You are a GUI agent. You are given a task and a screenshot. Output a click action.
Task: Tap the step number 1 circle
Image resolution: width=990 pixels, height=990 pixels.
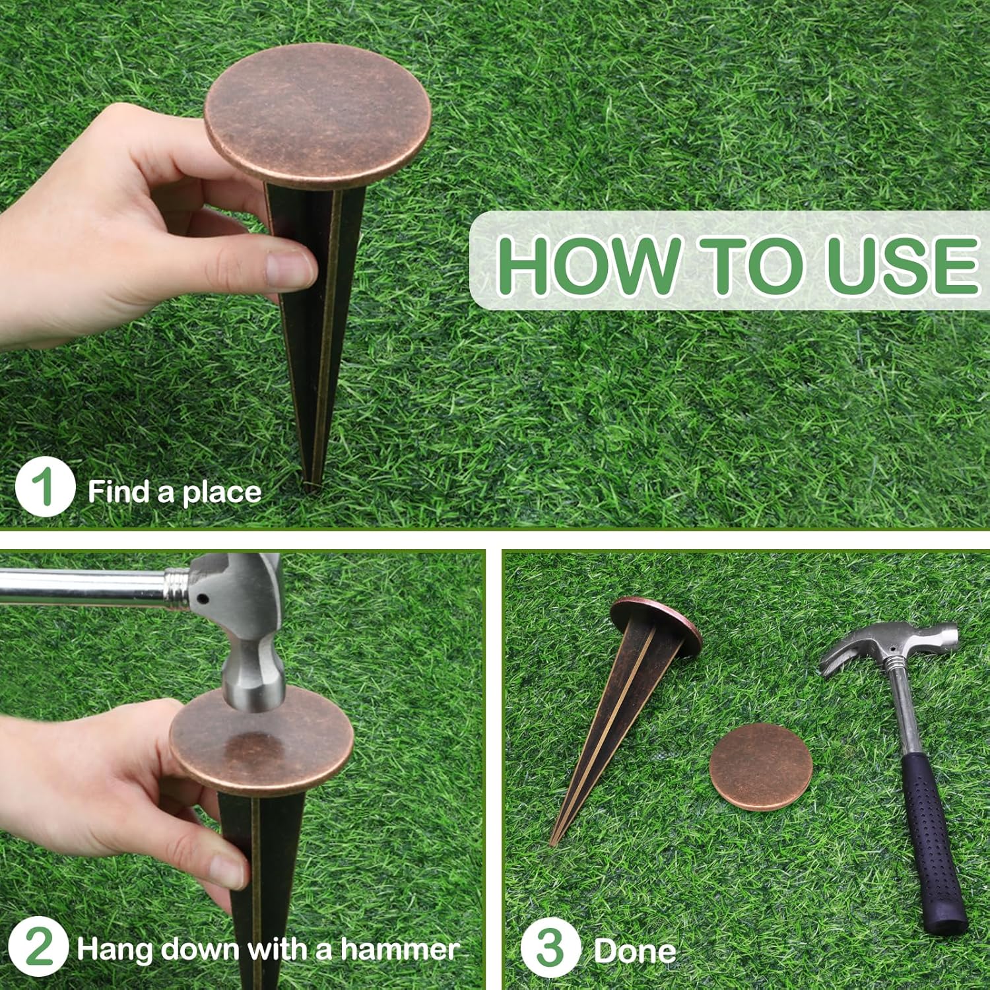click(x=44, y=488)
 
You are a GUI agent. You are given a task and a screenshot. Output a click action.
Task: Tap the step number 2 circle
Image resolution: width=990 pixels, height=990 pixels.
click(x=38, y=948)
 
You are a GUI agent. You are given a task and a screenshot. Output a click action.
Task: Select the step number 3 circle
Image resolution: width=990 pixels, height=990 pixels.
click(x=550, y=948)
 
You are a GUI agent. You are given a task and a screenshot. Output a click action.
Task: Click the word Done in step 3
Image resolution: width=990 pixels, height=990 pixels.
click(x=634, y=951)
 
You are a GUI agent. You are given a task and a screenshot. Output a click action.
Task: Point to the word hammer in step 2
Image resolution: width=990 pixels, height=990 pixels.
click(x=399, y=949)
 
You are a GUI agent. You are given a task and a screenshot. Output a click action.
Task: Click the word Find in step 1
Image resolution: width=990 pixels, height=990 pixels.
click(x=119, y=492)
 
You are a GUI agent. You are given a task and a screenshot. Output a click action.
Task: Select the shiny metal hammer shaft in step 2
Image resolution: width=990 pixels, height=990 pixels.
click(x=86, y=586)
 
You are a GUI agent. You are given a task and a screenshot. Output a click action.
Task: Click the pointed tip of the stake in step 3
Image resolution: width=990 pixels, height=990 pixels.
click(x=552, y=842)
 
